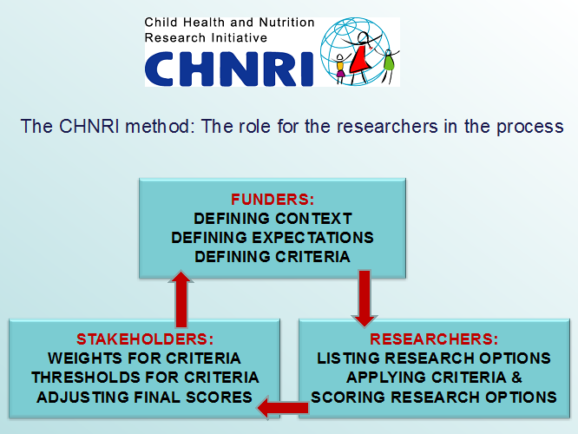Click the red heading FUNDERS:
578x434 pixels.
(x=273, y=200)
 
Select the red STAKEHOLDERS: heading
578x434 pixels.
(x=145, y=339)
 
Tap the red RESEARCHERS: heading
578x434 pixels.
(x=434, y=339)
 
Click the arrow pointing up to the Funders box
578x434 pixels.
(x=181, y=299)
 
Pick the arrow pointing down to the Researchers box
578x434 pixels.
(x=365, y=299)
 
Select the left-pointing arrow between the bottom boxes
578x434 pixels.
(x=283, y=408)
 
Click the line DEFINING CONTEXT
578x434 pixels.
(x=273, y=219)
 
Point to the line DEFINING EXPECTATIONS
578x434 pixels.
(x=273, y=238)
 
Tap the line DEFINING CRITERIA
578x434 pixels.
(x=273, y=257)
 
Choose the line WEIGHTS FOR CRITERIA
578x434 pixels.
(x=144, y=358)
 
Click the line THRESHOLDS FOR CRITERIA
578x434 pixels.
(x=145, y=378)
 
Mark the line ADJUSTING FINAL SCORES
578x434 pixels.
(x=144, y=398)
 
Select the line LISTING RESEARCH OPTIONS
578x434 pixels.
(x=434, y=358)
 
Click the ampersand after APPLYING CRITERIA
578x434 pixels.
(x=516, y=378)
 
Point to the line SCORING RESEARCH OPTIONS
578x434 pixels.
(x=434, y=398)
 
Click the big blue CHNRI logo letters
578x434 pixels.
(x=229, y=69)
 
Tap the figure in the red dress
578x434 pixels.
(x=360, y=56)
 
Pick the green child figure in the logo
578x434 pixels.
(x=388, y=63)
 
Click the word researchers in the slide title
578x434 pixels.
(x=387, y=127)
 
